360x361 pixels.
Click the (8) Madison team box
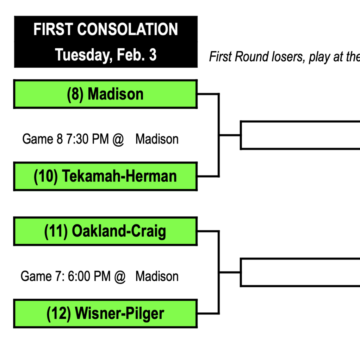(x=105, y=94)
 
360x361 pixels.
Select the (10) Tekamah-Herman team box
(x=105, y=176)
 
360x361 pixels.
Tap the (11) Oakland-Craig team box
(x=105, y=231)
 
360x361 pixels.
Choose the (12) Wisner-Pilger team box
(x=105, y=314)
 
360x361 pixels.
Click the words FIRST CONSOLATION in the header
(x=105, y=30)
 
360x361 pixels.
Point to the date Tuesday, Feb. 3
(x=105, y=55)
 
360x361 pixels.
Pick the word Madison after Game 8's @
(x=157, y=139)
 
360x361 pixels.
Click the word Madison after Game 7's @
(x=157, y=276)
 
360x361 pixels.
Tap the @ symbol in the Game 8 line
(x=118, y=139)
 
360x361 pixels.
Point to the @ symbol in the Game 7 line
(x=120, y=276)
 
